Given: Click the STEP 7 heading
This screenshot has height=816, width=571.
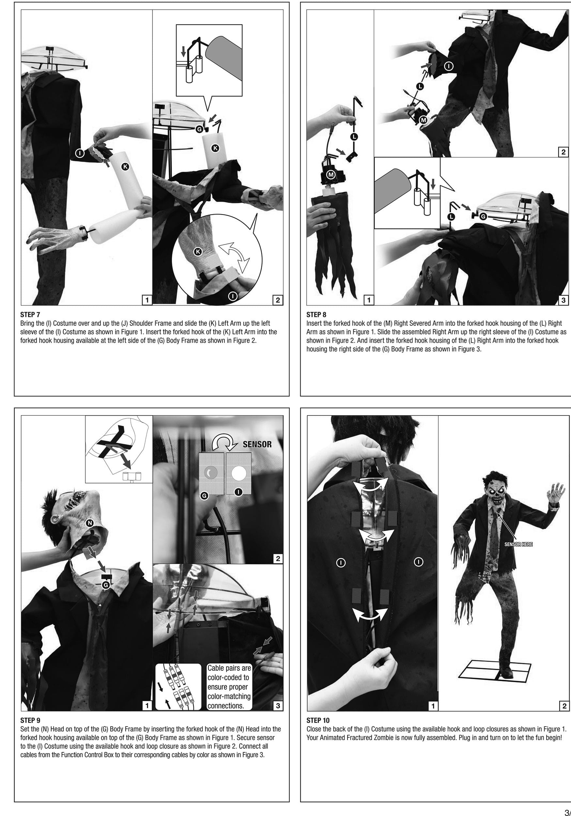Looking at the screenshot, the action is tap(30, 315).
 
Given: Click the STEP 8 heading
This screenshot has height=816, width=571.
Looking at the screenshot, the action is tap(316, 315).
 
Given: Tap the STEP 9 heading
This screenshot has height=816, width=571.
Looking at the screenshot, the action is tap(30, 720).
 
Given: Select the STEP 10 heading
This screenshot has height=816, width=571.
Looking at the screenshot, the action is tap(318, 720).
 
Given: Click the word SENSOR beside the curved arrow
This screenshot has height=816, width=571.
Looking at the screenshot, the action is tap(257, 444).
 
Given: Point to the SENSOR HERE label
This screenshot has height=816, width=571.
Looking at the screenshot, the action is tap(518, 544).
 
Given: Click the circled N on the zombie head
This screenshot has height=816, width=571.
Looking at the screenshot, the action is tap(90, 523).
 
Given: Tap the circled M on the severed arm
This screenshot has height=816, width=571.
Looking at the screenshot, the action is tap(331, 175).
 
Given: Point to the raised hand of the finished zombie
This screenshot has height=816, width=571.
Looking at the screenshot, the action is tap(556, 493).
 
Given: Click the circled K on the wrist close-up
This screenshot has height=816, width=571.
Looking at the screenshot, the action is tap(198, 252).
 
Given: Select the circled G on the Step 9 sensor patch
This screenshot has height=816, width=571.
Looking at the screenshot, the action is tap(204, 496).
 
